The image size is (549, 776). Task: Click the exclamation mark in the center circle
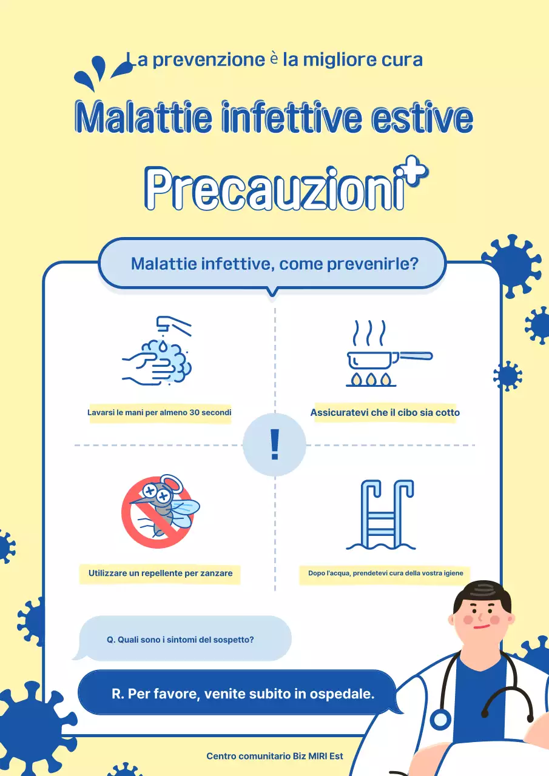click(x=274, y=445)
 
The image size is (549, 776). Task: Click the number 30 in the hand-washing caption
click(x=195, y=413)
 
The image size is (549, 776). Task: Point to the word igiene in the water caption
click(x=452, y=573)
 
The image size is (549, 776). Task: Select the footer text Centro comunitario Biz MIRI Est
click(x=275, y=756)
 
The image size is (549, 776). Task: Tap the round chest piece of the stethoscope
click(x=440, y=720)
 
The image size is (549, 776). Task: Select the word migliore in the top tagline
click(x=340, y=60)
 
